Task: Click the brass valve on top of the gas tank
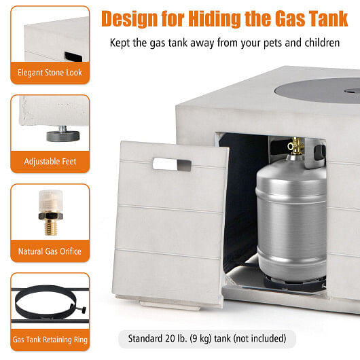(x=295, y=146)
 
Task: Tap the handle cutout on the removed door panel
(x=172, y=164)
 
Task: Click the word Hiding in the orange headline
(x=215, y=19)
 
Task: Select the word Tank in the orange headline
(x=328, y=18)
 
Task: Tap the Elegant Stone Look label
(x=50, y=73)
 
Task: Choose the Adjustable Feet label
(x=50, y=162)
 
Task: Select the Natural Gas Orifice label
(x=50, y=251)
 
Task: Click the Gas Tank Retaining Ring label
(x=50, y=340)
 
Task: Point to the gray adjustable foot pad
(x=63, y=136)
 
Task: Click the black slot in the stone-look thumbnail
(x=73, y=56)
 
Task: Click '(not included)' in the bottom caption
(x=259, y=338)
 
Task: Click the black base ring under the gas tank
(x=295, y=283)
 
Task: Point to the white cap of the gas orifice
(x=51, y=200)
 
